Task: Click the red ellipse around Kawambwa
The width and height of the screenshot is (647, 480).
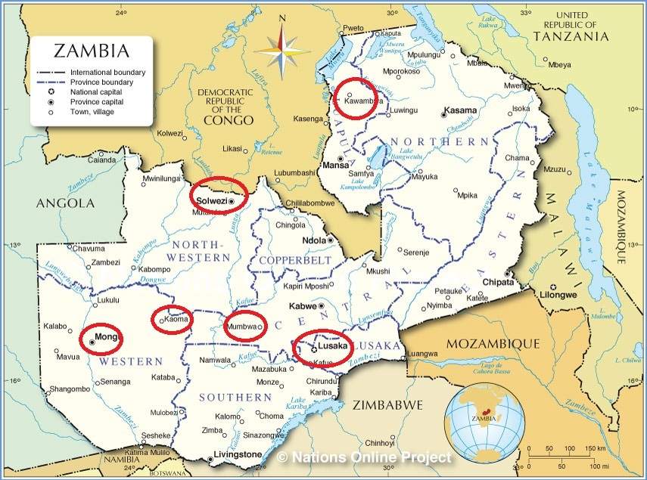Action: [354, 98]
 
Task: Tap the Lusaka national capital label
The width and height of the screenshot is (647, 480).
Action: [333, 346]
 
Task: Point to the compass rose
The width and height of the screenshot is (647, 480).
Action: [282, 47]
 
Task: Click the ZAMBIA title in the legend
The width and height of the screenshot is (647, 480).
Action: [91, 52]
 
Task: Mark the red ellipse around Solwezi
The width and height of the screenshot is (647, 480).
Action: [219, 196]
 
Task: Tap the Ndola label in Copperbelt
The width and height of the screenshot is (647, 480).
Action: [313, 240]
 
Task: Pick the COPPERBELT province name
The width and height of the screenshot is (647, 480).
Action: [295, 261]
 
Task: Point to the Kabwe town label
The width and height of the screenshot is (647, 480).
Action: [303, 307]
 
